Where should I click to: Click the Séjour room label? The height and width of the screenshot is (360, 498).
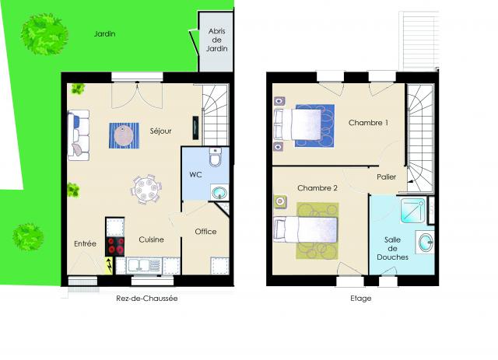pyautogui.click(x=161, y=131)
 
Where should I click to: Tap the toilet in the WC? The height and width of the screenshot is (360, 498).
pyautogui.click(x=216, y=157)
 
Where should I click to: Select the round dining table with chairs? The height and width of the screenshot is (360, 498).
pyautogui.click(x=146, y=189)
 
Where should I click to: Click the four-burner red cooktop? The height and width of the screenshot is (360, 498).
pyautogui.click(x=115, y=246)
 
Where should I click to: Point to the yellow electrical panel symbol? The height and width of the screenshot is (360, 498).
pyautogui.click(x=109, y=265)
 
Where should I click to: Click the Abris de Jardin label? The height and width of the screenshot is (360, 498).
pyautogui.click(x=217, y=40)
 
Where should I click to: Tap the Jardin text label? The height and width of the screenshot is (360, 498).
pyautogui.click(x=104, y=33)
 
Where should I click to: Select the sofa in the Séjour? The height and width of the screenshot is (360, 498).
pyautogui.click(x=79, y=135)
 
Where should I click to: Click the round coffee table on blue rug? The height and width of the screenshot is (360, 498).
pyautogui.click(x=124, y=136)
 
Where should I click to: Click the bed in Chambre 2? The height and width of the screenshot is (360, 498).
pyautogui.click(x=305, y=229)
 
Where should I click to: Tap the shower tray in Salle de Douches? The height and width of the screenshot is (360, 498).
pyautogui.click(x=412, y=210)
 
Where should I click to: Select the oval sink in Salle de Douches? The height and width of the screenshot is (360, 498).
pyautogui.click(x=426, y=242)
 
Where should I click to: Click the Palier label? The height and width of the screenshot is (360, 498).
pyautogui.click(x=386, y=177)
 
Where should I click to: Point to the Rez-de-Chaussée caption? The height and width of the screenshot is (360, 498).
pyautogui.click(x=147, y=299)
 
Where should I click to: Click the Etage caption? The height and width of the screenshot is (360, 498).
pyautogui.click(x=361, y=299)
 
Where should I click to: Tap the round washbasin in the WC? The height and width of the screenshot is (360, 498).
pyautogui.click(x=219, y=192)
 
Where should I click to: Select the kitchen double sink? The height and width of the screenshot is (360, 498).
pyautogui.click(x=144, y=265)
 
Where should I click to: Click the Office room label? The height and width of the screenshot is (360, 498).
pyautogui.click(x=205, y=232)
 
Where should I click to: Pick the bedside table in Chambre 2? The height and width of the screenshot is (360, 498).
pyautogui.click(x=280, y=201)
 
